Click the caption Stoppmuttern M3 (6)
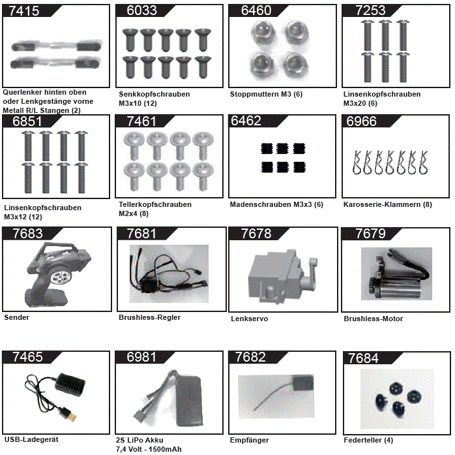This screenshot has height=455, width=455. pyautogui.click(x=257, y=94)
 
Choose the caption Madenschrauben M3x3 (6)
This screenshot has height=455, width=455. pyautogui.click(x=276, y=204)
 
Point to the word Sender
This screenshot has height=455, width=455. pyautogui.click(x=16, y=317)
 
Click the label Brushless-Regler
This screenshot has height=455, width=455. pyautogui.click(x=149, y=317)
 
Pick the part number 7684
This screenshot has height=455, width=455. pyautogui.click(x=363, y=358)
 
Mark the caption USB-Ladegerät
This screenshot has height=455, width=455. pyautogui.click(x=31, y=439)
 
